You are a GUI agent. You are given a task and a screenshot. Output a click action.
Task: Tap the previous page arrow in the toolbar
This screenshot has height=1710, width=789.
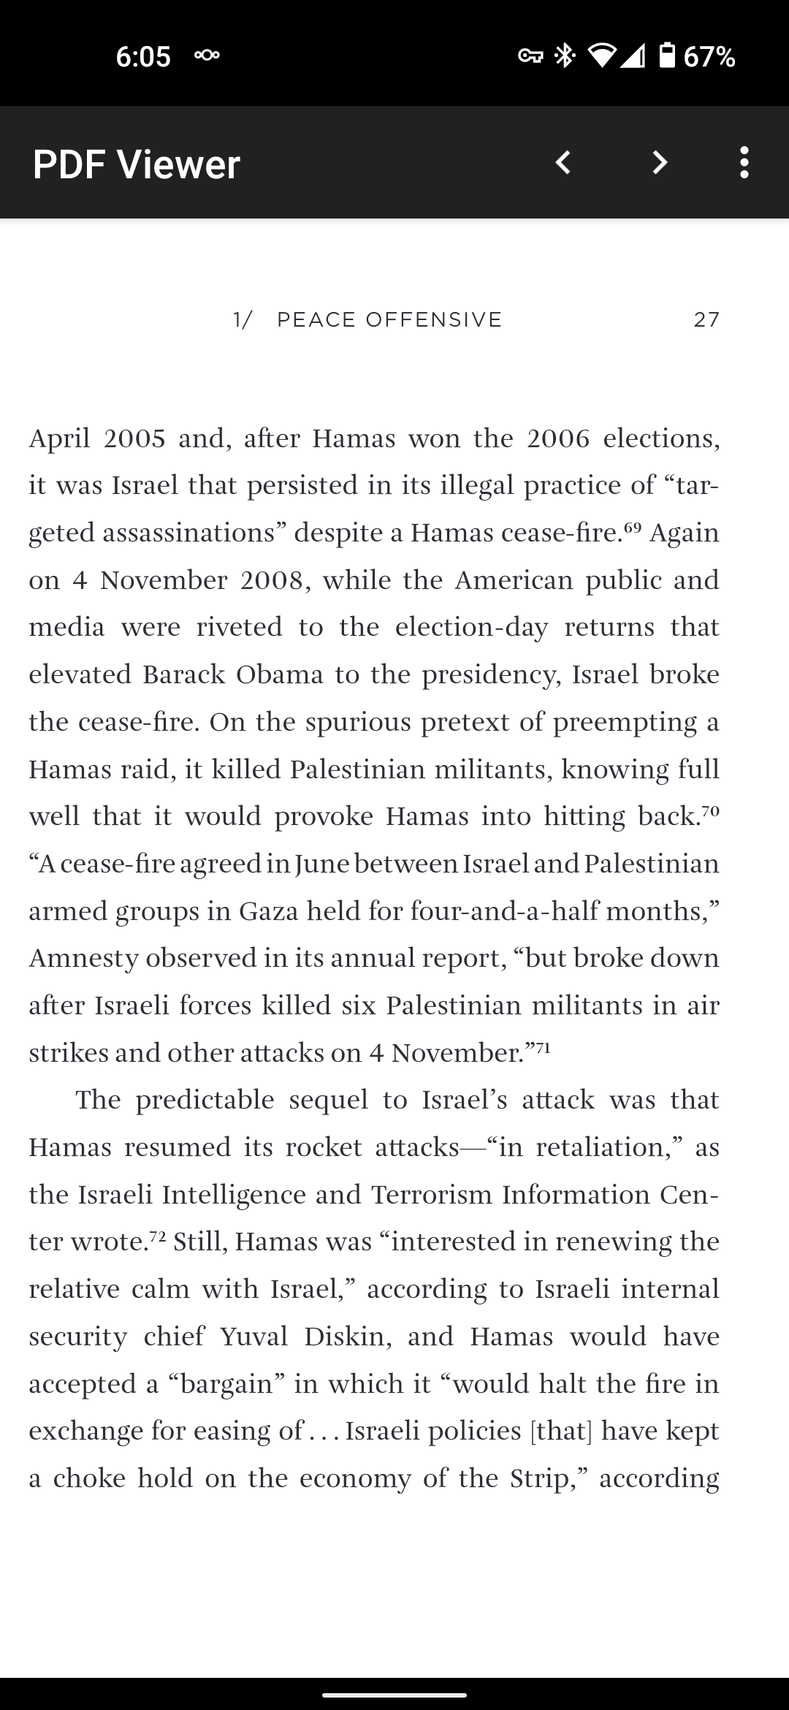(563, 162)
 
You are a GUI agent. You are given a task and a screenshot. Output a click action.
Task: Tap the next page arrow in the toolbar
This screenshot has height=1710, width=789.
(660, 162)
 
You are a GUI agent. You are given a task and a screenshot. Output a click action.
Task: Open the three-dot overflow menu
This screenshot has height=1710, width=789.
(744, 162)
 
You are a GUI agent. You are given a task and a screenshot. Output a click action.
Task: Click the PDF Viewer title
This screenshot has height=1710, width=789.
(137, 164)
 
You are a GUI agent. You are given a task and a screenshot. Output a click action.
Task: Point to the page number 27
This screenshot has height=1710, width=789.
(706, 319)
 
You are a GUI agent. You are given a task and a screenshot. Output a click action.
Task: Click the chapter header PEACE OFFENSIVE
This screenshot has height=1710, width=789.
(389, 319)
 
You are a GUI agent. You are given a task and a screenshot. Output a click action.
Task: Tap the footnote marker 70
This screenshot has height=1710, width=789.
(710, 810)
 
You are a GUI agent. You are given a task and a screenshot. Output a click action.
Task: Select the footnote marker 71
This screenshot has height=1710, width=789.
(542, 1047)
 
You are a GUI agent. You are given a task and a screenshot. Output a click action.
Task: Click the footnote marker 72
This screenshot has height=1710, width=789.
(158, 1236)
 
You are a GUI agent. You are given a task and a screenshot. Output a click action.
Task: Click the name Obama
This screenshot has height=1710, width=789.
(279, 674)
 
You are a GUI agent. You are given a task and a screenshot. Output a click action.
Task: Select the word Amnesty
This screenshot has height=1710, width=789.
(83, 959)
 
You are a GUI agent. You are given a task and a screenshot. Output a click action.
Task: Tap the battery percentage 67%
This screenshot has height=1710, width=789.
(709, 56)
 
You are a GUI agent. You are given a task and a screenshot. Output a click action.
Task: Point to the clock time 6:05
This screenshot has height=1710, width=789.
(143, 56)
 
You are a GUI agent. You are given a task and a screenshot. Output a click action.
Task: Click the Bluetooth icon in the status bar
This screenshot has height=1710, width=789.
(565, 56)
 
